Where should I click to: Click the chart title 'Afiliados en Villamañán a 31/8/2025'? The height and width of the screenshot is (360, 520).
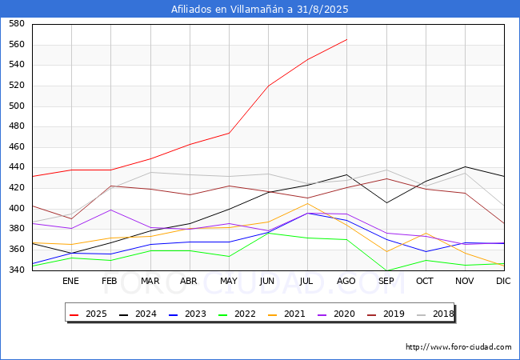pos(260,10)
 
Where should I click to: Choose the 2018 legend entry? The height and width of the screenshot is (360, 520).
pos(434,314)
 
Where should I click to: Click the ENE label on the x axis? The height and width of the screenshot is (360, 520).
pos(71,282)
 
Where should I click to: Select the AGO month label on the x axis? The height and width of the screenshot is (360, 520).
pos(346,282)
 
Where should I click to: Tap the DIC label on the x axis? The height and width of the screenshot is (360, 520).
pos(503,282)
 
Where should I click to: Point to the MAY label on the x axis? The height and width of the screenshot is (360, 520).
pos(229,282)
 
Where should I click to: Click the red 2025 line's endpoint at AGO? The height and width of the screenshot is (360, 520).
pos(346,39)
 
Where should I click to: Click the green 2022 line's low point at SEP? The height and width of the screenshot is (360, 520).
pos(386,270)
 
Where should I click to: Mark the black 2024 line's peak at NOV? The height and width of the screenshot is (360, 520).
pos(465,166)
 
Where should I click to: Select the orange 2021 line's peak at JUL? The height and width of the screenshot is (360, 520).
pos(307,203)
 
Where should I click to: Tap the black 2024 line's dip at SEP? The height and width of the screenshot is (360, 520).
pos(386,202)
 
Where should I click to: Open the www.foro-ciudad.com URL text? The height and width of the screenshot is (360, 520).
pos(458,347)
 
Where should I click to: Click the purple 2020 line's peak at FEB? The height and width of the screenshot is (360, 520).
pos(110,210)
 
